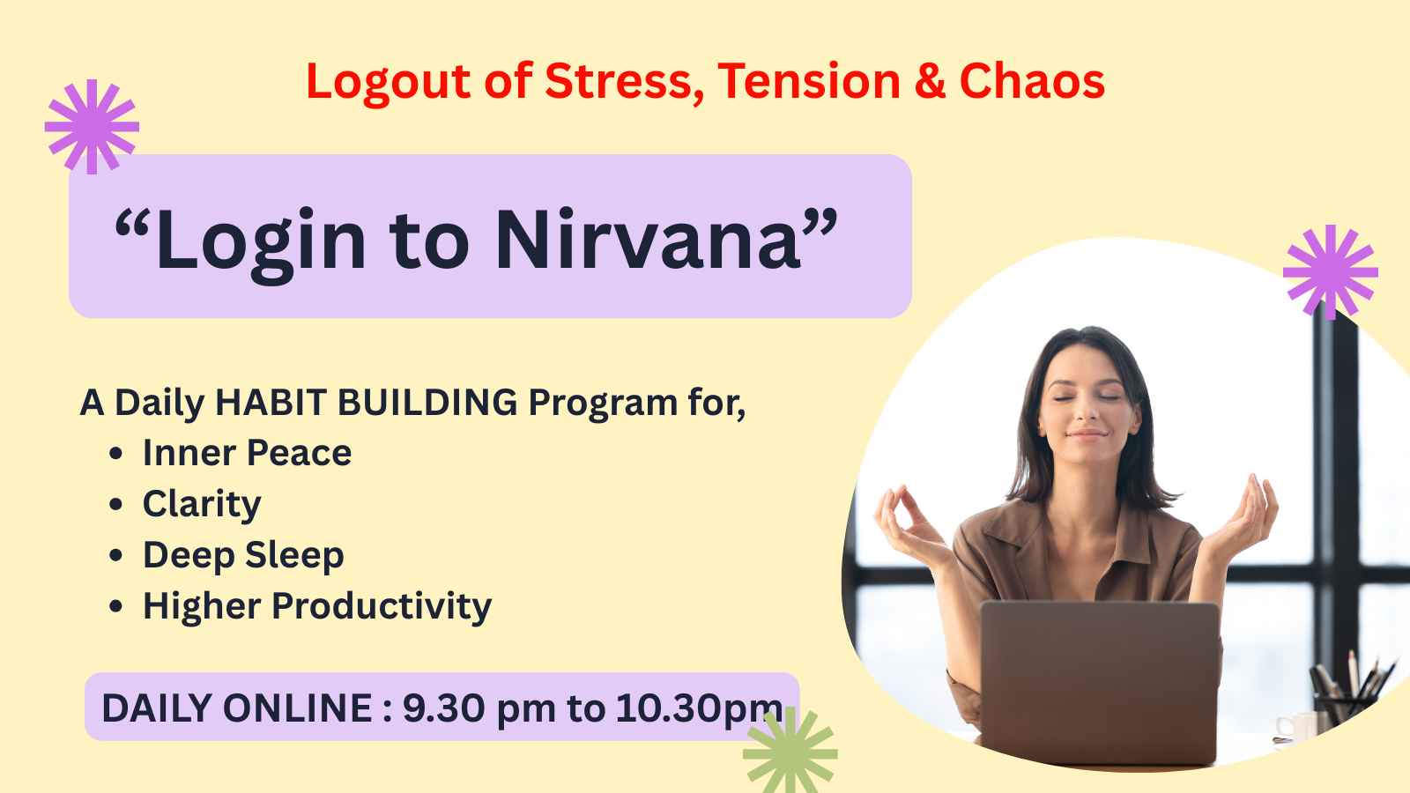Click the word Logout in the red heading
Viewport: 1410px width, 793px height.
coord(389,82)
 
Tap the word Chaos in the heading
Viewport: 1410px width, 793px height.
coord(1032,81)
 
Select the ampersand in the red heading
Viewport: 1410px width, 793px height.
coord(930,81)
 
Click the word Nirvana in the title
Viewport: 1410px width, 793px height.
coord(649,240)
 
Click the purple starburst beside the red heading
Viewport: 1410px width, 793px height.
coord(92,127)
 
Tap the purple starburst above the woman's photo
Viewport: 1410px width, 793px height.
coord(1330,272)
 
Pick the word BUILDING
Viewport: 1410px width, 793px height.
coord(427,402)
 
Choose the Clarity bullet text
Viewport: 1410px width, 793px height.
coord(202,504)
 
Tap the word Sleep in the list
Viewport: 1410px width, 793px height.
coord(294,556)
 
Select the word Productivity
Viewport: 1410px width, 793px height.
coord(382,607)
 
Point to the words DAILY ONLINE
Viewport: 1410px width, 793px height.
coord(237,708)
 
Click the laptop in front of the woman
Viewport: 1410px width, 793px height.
coord(1100,683)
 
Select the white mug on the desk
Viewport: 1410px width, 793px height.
coord(1296,728)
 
